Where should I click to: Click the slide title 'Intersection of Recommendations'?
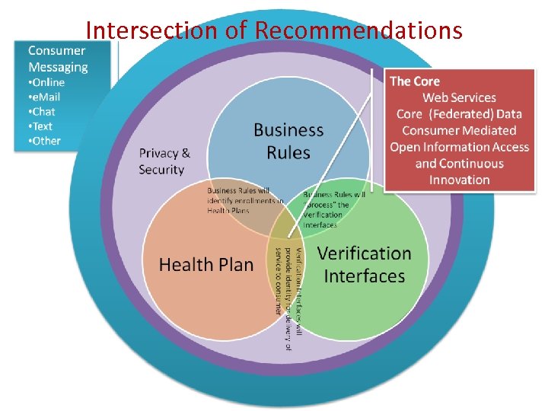coord(274,30)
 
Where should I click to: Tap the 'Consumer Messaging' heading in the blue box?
coord(58,59)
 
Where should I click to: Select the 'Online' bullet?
coord(46,82)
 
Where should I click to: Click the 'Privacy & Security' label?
coord(164,161)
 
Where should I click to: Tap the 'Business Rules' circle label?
coord(288,142)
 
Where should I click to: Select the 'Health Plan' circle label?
coord(206,265)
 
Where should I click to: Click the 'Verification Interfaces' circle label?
coord(364,264)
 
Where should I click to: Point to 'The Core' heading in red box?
coord(415,81)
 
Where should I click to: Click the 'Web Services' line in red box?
coord(459,97)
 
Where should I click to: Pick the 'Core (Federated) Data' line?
coord(459,114)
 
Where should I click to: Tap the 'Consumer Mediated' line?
coord(459,131)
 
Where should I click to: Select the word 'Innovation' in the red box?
coord(459,180)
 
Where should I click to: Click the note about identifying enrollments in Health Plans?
coord(245,200)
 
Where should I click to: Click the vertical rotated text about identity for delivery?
coord(288,281)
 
